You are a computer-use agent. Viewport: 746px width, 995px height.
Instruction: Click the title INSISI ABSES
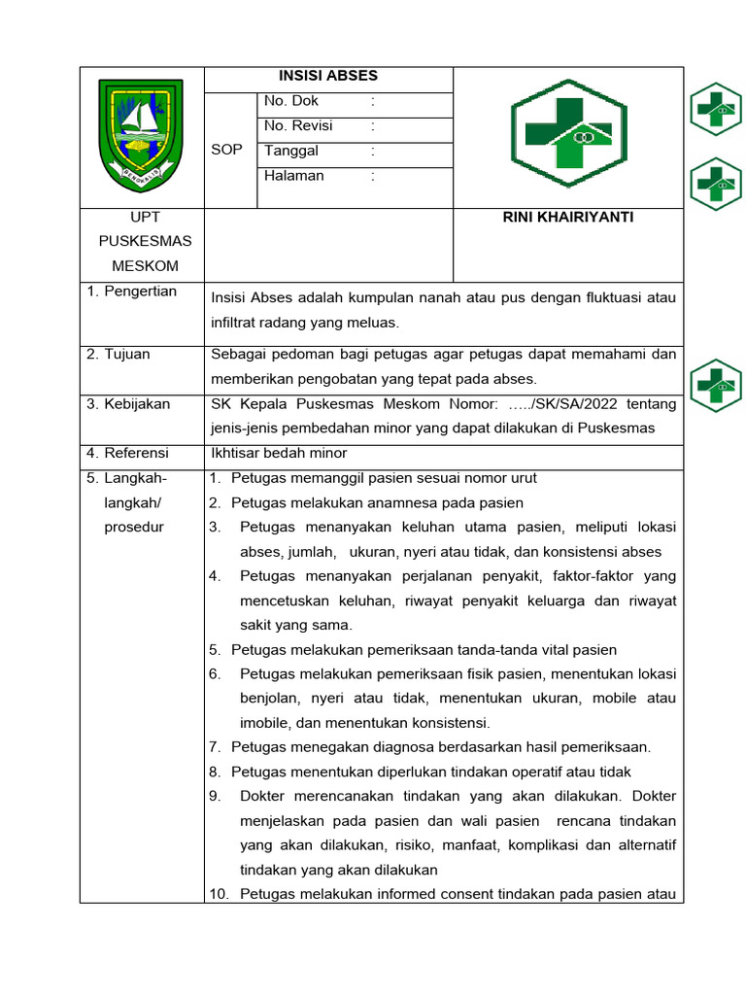328,76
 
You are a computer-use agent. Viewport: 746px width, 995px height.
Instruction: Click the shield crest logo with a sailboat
141,136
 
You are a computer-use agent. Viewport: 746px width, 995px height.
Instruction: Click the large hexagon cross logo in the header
569,133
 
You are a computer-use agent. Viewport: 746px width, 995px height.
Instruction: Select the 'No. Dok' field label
291,101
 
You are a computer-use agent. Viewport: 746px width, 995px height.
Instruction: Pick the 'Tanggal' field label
291,152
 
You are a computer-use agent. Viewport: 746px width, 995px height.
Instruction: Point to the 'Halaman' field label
294,177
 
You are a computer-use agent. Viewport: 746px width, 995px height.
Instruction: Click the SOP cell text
226,151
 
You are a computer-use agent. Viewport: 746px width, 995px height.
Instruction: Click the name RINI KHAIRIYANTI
568,218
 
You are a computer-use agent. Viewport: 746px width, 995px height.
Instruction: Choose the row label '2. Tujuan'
118,355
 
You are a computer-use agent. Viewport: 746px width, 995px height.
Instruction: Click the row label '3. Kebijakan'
128,404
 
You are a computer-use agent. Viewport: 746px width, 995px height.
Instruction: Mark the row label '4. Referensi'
127,454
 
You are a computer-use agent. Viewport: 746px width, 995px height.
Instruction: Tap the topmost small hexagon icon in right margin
716,109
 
